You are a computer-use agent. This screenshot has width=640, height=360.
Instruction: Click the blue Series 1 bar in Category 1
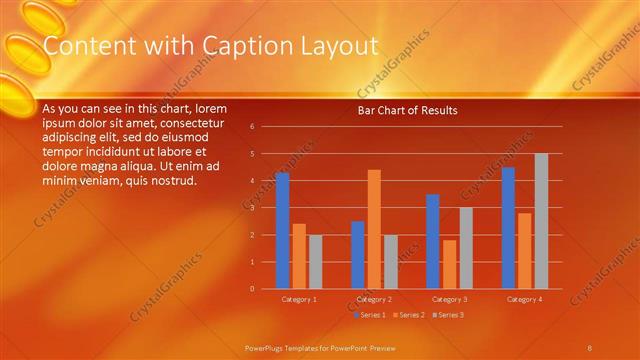point(282,230)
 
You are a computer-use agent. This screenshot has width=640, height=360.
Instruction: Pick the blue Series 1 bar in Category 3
point(432,241)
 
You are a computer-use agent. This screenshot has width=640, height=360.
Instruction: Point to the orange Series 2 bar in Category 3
point(449,264)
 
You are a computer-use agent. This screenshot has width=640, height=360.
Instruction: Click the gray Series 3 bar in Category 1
point(315,261)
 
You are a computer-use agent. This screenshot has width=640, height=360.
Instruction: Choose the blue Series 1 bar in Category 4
point(508,227)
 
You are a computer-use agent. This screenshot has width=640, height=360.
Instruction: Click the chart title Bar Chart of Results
point(407,111)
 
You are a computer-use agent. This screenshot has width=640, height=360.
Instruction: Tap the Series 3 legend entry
point(447,314)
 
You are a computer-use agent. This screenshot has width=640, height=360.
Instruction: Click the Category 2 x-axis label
point(374,299)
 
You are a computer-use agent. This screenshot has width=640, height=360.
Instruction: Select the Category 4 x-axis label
point(524,299)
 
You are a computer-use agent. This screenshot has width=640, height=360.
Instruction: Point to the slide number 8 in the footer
point(590,347)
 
